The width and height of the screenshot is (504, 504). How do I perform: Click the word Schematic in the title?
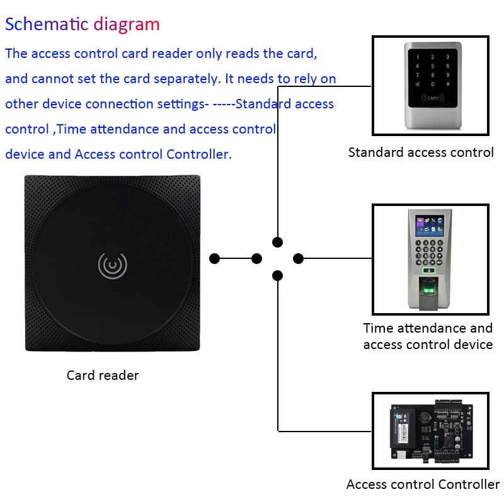point(47,24)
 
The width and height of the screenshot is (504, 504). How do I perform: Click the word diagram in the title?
point(127,25)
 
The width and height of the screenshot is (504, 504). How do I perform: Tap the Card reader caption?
point(103,375)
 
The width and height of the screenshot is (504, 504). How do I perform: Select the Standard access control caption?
point(421,152)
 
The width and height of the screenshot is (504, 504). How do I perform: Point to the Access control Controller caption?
point(423,484)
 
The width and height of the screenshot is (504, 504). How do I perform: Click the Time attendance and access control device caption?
point(428,336)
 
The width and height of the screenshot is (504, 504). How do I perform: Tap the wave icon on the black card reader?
point(113,265)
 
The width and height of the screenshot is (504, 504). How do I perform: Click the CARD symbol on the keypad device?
point(433,98)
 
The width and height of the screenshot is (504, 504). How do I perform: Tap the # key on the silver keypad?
point(447,84)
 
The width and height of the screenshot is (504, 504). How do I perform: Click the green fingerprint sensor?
point(428,287)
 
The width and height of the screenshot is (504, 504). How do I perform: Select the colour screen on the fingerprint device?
point(430,226)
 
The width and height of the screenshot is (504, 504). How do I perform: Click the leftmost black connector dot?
point(214,258)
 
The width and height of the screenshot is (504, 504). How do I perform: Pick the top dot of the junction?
point(277,242)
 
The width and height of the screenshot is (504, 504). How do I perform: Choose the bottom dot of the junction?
point(277,275)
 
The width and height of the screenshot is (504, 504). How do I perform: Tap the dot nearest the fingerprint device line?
point(298,258)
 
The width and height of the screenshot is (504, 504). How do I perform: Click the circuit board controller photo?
point(432,431)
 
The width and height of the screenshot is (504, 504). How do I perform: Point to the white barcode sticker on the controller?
point(403,432)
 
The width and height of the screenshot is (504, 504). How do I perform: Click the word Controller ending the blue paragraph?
point(199,154)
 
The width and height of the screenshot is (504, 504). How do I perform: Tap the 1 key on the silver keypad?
point(418,57)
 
